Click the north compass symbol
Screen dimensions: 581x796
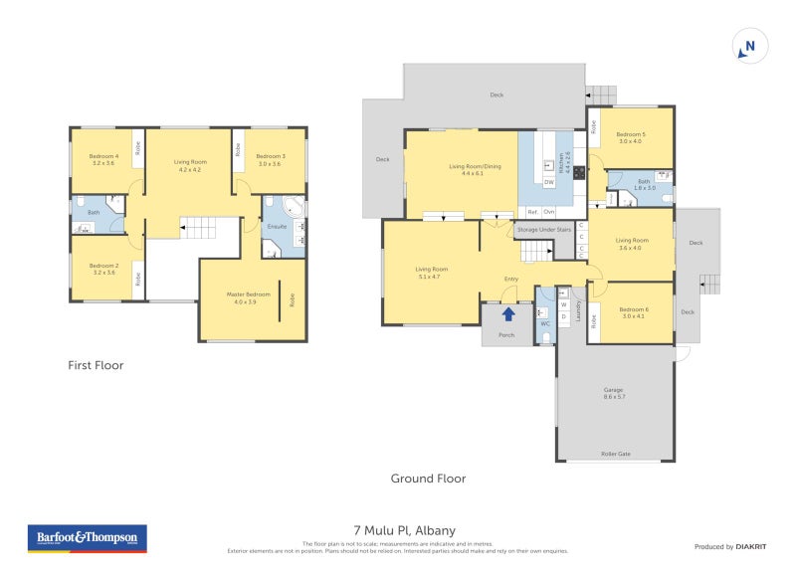(749, 46)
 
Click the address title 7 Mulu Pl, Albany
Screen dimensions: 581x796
(404, 530)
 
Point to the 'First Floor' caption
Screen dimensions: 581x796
(96, 365)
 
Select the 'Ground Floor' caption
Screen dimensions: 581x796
(428, 479)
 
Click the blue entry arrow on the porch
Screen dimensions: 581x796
(508, 315)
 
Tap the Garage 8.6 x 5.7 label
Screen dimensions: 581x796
(614, 393)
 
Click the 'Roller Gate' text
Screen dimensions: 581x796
(615, 455)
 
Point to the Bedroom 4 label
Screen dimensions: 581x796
(103, 159)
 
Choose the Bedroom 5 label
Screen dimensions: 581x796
(631, 137)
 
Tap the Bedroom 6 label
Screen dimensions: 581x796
(635, 312)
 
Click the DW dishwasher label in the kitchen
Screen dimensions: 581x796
(548, 182)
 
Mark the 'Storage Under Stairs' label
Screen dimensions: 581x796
(543, 230)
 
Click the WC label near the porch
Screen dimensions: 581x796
(544, 323)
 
